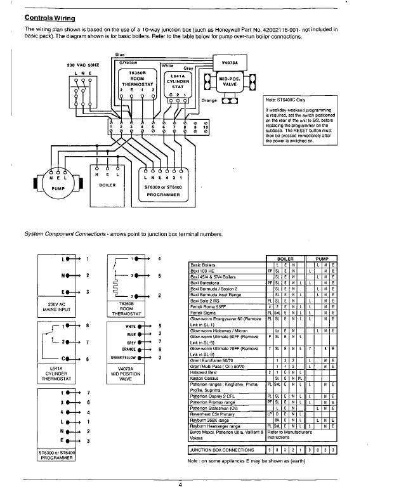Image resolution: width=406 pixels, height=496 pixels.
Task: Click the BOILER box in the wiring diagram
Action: coord(110,185)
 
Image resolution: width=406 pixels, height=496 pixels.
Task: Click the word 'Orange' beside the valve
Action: coord(209,100)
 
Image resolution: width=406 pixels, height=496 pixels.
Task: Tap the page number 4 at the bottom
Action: coord(180,485)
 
